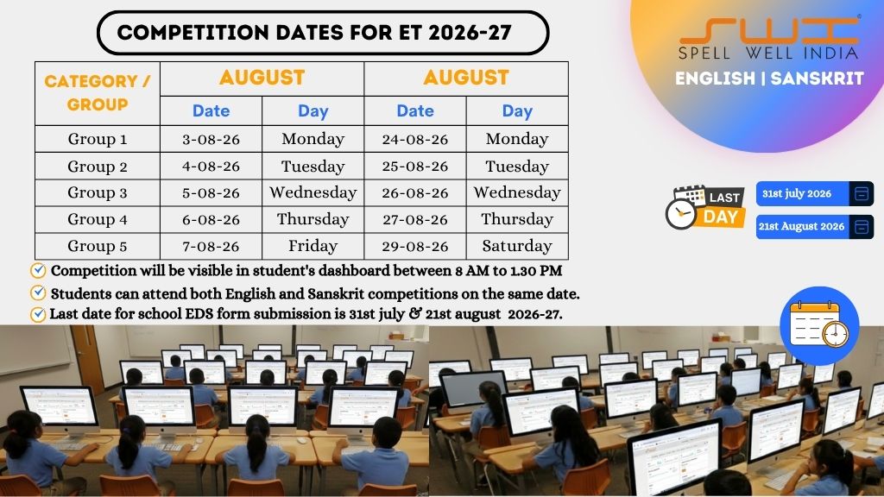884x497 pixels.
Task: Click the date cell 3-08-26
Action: click(x=211, y=139)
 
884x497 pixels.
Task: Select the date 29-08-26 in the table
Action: click(x=415, y=246)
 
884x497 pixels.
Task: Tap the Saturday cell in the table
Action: click(x=517, y=246)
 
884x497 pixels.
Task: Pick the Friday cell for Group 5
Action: click(x=313, y=246)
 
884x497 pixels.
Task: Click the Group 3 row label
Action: click(x=98, y=192)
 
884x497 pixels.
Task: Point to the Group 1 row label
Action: click(x=98, y=139)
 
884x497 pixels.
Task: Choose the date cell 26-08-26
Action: click(x=415, y=192)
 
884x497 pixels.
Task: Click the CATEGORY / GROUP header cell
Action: click(x=98, y=93)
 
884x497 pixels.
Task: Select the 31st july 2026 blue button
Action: click(x=815, y=194)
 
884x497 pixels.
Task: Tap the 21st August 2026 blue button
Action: click(x=815, y=227)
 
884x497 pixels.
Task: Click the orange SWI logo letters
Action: click(x=768, y=32)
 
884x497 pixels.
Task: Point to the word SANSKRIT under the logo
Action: click(x=817, y=79)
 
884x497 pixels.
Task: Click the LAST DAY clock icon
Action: click(x=681, y=214)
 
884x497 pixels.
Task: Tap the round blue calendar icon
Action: click(x=819, y=325)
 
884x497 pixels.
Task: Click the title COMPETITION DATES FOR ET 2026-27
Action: click(x=314, y=33)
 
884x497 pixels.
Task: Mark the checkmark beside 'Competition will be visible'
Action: click(x=38, y=271)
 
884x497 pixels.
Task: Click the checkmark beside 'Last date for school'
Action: click(x=38, y=314)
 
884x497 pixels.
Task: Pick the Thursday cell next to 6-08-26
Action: click(x=313, y=219)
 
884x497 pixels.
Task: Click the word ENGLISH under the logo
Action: click(x=715, y=79)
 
